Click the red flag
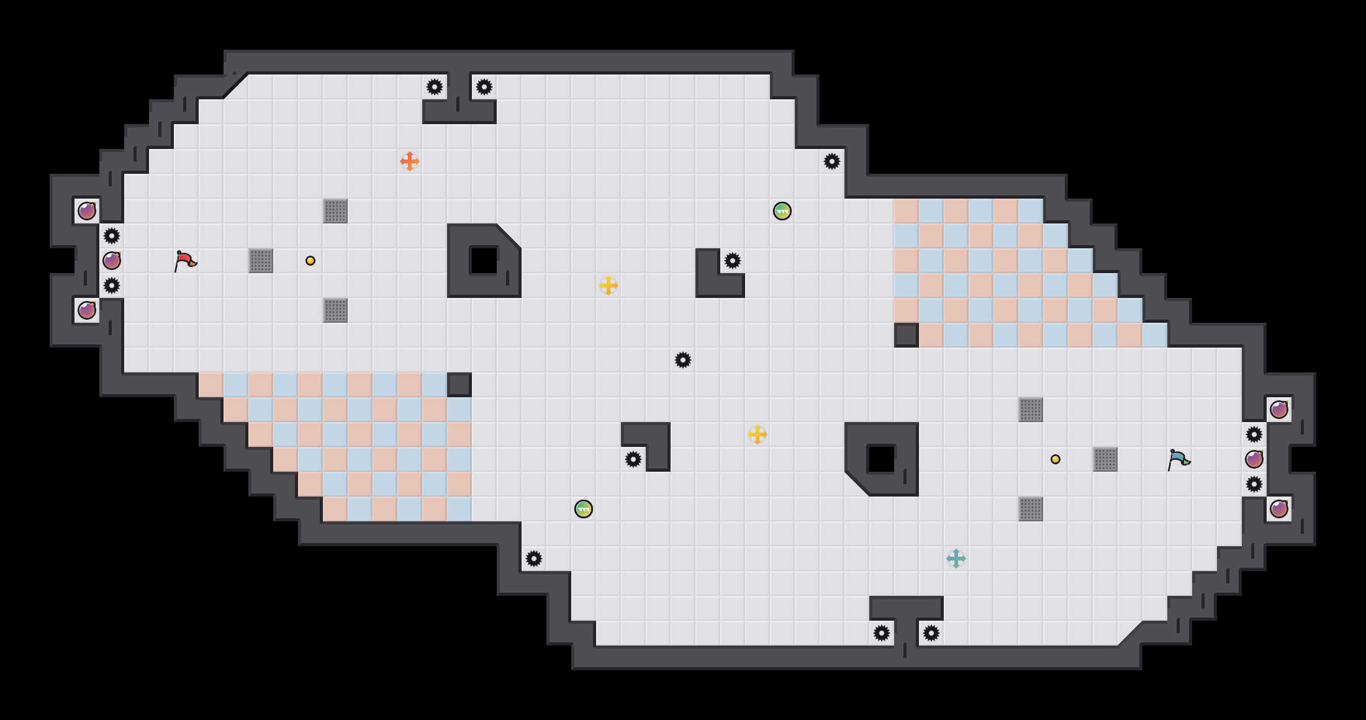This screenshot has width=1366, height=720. point(185,261)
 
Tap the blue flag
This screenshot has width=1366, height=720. point(1178,459)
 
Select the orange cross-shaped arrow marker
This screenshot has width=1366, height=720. point(410,161)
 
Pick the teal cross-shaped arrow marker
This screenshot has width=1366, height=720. point(956,559)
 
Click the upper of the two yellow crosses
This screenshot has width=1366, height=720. point(608,286)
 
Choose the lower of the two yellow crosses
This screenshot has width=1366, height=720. point(758,434)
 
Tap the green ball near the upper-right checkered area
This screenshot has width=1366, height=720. point(782,211)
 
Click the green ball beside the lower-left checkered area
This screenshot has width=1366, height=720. point(584,509)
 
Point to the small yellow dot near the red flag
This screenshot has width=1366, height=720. point(310,261)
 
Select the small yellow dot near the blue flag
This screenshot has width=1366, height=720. point(1056,459)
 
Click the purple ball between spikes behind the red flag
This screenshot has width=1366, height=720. point(112,261)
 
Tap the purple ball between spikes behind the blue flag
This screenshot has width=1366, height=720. point(1254,459)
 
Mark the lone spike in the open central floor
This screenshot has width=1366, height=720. point(683,360)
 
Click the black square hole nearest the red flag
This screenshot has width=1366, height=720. point(484,261)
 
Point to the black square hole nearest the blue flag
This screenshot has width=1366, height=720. point(882,459)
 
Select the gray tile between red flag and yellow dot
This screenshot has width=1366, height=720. point(261,261)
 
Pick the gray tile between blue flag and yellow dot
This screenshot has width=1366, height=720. point(1105,459)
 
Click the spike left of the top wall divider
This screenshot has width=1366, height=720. point(435,87)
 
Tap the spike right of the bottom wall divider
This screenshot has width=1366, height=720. point(931,633)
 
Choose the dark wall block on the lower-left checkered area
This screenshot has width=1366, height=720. point(459,385)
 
